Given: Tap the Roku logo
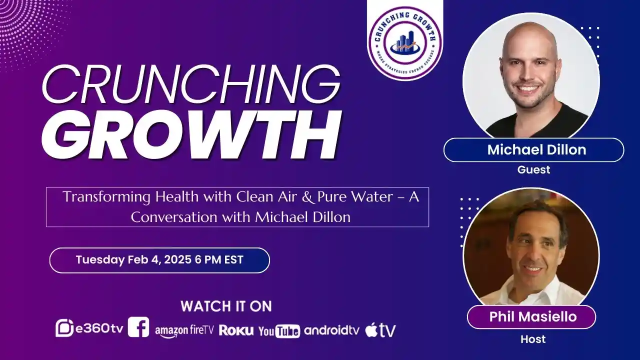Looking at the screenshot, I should point(236,330).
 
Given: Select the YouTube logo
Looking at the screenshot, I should point(279,330).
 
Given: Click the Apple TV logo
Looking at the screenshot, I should point(380,330).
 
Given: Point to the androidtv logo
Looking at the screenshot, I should point(331,330).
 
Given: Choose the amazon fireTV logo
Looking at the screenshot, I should point(184,330).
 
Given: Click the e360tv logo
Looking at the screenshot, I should point(89,328).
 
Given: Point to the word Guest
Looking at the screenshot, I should point(533,169).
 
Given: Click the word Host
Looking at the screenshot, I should point(533,339).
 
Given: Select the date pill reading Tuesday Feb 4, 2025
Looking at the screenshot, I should point(159,260).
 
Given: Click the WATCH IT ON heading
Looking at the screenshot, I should point(226,306).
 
